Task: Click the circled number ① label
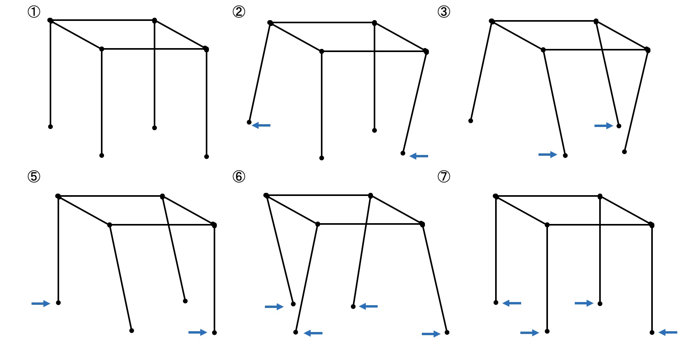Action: pyautogui.click(x=34, y=12)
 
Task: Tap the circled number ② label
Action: pyautogui.click(x=239, y=12)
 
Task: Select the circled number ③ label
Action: pyautogui.click(x=444, y=12)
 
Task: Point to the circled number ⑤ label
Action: pyautogui.click(x=34, y=176)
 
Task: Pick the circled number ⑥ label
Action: pyautogui.click(x=239, y=176)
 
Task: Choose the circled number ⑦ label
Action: pyautogui.click(x=444, y=176)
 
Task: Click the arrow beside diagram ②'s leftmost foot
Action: pyautogui.click(x=261, y=125)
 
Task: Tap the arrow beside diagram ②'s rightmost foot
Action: pyautogui.click(x=419, y=156)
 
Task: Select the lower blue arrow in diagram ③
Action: pyautogui.click(x=548, y=155)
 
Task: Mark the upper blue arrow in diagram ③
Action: pyautogui.click(x=604, y=126)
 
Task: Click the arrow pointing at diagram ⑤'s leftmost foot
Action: pyautogui.click(x=41, y=303)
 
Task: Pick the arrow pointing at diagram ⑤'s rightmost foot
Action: pyautogui.click(x=198, y=332)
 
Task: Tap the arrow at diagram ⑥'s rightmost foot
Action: pyautogui.click(x=431, y=334)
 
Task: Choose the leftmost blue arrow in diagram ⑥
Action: pyautogui.click(x=274, y=307)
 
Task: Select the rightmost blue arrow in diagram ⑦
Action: pyautogui.click(x=668, y=332)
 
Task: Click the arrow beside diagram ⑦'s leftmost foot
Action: pyautogui.click(x=512, y=303)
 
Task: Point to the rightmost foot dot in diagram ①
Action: pyautogui.click(x=207, y=157)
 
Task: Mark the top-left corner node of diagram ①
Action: pyautogui.click(x=50, y=20)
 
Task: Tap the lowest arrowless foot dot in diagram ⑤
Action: pyautogui.click(x=132, y=330)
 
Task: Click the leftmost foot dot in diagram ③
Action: pyautogui.click(x=471, y=121)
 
